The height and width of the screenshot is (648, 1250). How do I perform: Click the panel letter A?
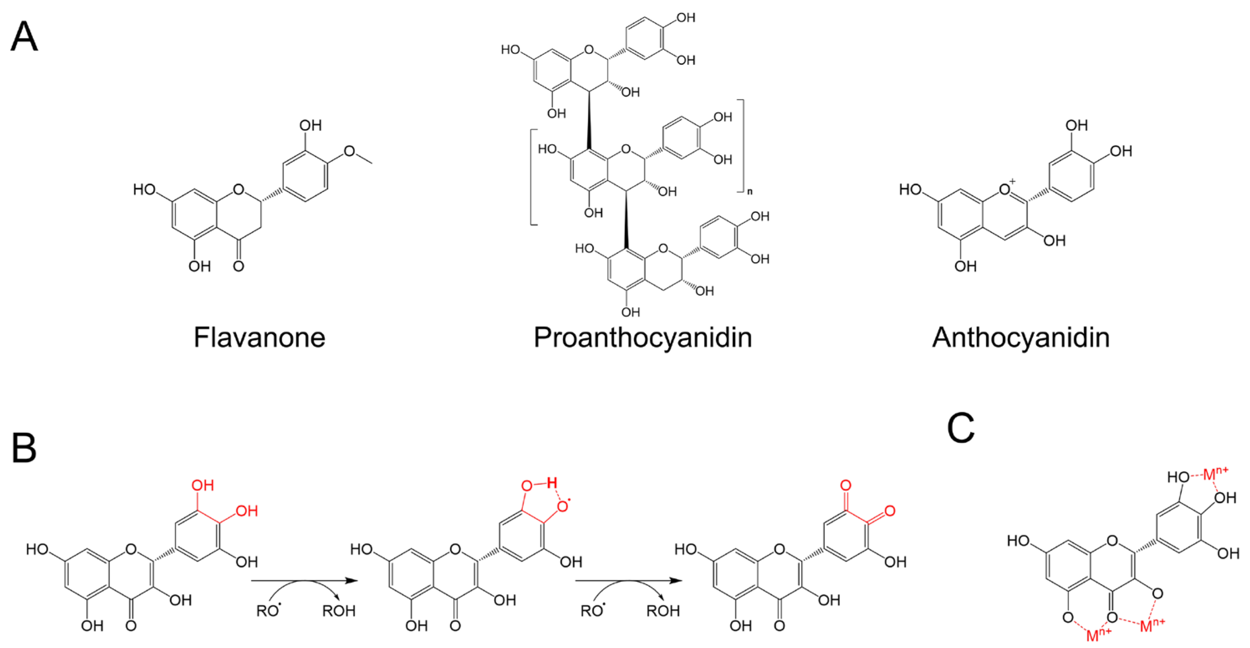(x=24, y=36)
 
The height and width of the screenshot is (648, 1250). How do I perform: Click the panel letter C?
(x=960, y=428)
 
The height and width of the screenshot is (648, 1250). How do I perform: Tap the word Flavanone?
(x=259, y=337)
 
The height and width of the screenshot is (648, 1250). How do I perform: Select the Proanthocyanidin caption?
(x=643, y=337)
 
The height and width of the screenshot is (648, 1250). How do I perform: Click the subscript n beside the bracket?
(x=750, y=191)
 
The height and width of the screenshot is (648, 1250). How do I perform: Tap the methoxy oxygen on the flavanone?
(x=349, y=151)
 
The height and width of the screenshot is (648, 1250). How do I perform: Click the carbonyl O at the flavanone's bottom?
(x=238, y=266)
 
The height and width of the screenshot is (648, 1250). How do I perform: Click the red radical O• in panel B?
(x=563, y=507)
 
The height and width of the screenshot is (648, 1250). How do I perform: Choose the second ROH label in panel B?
(x=663, y=611)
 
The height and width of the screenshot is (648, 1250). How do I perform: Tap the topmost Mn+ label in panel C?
(x=1216, y=473)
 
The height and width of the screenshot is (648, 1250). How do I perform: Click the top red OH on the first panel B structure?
(x=202, y=485)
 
